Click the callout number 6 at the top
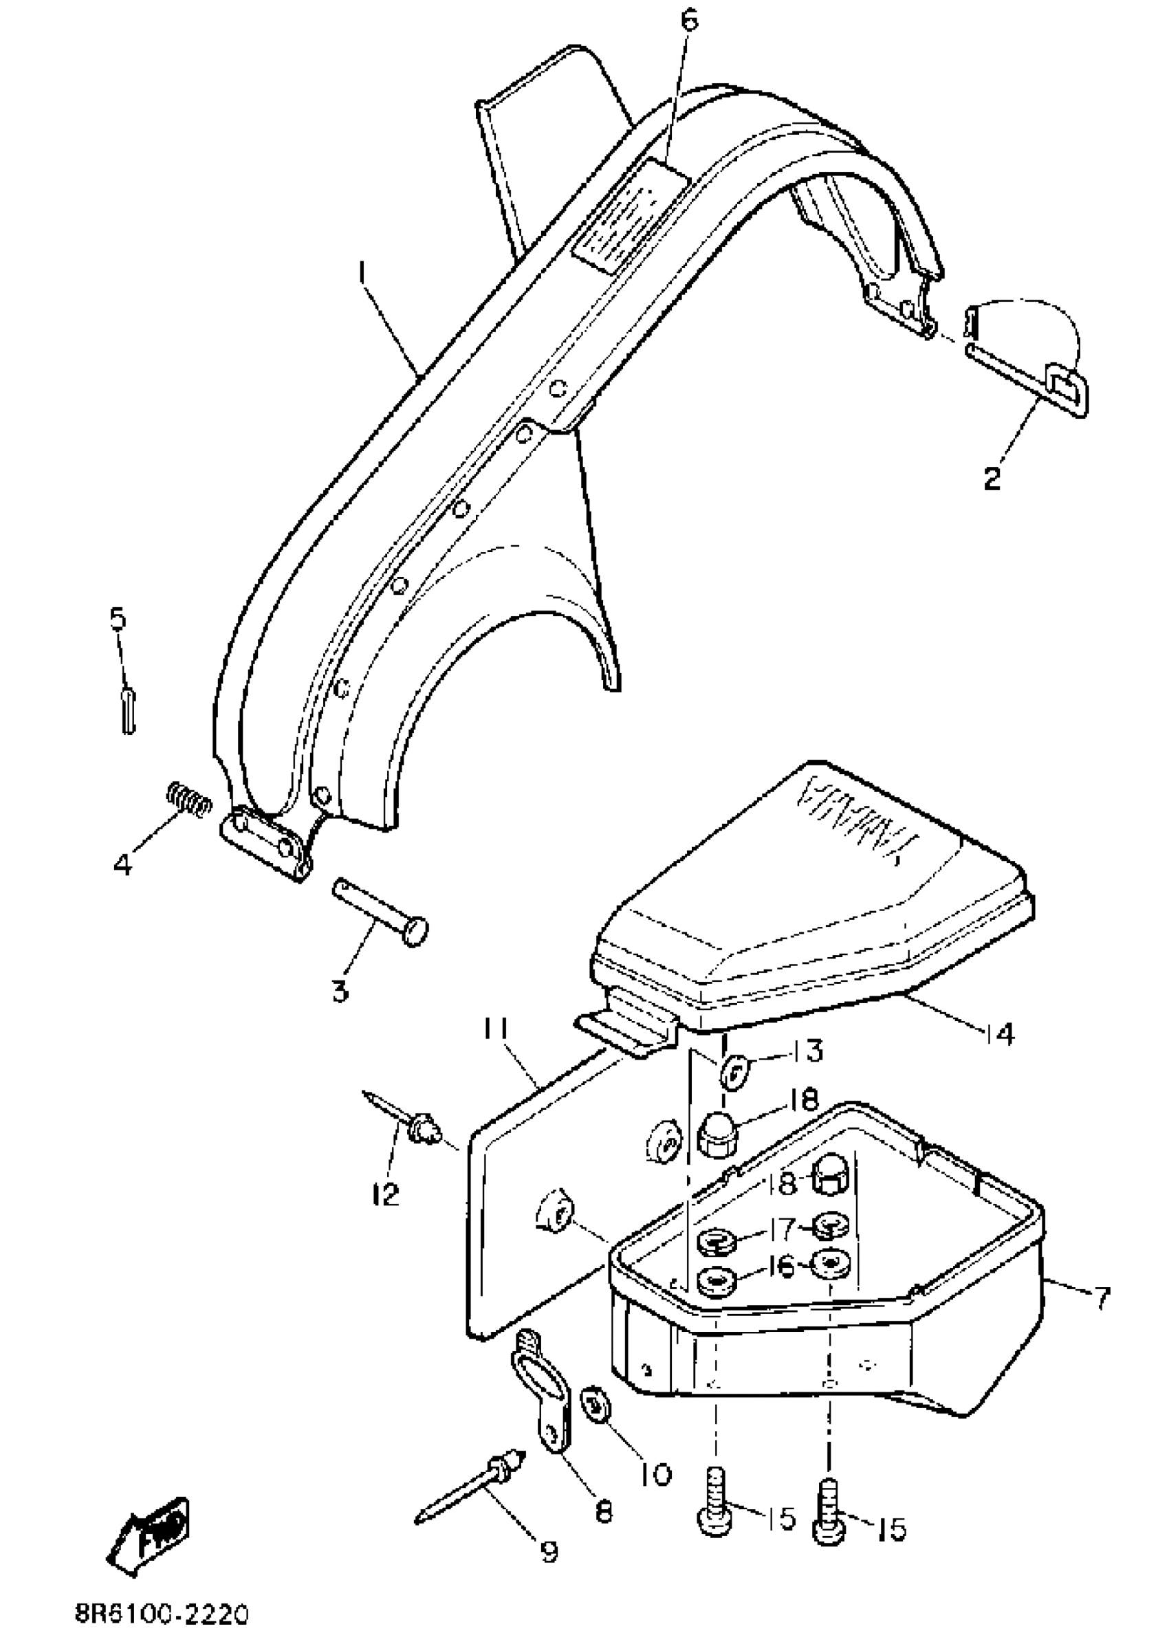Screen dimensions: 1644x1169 tap(689, 20)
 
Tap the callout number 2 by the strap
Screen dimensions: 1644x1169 tap(993, 477)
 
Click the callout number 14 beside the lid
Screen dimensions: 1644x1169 tap(1000, 1034)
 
